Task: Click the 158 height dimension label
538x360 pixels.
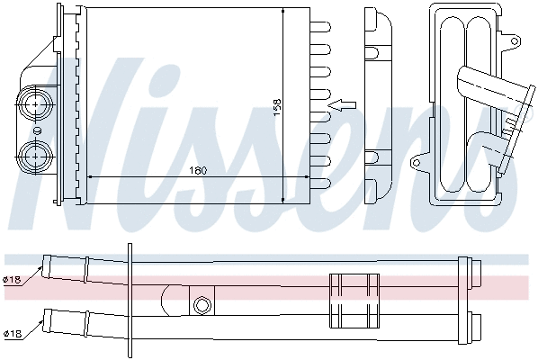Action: coord(277,104)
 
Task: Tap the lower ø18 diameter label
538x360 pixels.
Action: coord(12,334)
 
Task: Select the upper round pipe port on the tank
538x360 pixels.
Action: coord(37,103)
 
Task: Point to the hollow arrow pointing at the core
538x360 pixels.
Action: coord(342,105)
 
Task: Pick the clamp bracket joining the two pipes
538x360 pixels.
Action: coord(354,300)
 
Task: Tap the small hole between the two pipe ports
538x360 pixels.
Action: coord(37,130)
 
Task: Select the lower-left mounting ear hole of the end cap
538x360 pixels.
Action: coord(417,163)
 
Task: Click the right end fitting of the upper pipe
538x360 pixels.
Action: coord(466,271)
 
